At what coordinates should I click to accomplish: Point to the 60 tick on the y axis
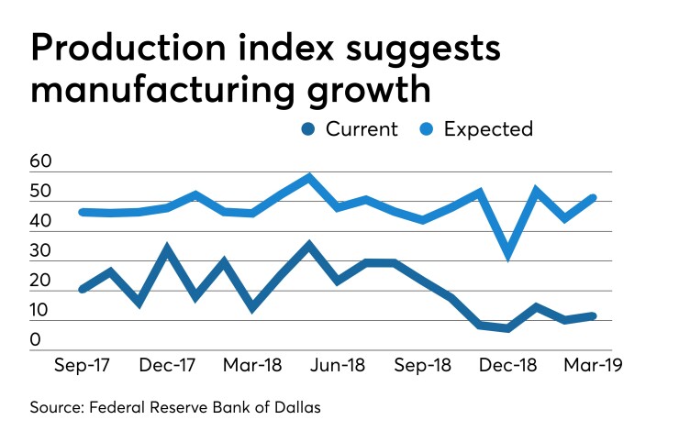point(41,163)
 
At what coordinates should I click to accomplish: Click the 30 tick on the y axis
point(41,251)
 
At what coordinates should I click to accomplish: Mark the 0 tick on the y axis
point(36,341)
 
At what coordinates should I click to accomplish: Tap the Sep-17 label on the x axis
point(83,364)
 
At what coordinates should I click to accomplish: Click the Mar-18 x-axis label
point(251,364)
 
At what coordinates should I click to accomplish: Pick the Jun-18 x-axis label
point(337,364)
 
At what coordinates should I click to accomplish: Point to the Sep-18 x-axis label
point(423,364)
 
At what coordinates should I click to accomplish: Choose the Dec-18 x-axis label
point(507,364)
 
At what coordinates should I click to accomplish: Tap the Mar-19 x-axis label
point(592,364)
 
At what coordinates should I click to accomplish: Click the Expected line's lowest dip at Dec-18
point(507,256)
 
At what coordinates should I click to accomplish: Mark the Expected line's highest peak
point(309,177)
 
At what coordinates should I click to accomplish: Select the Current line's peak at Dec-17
point(167,248)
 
